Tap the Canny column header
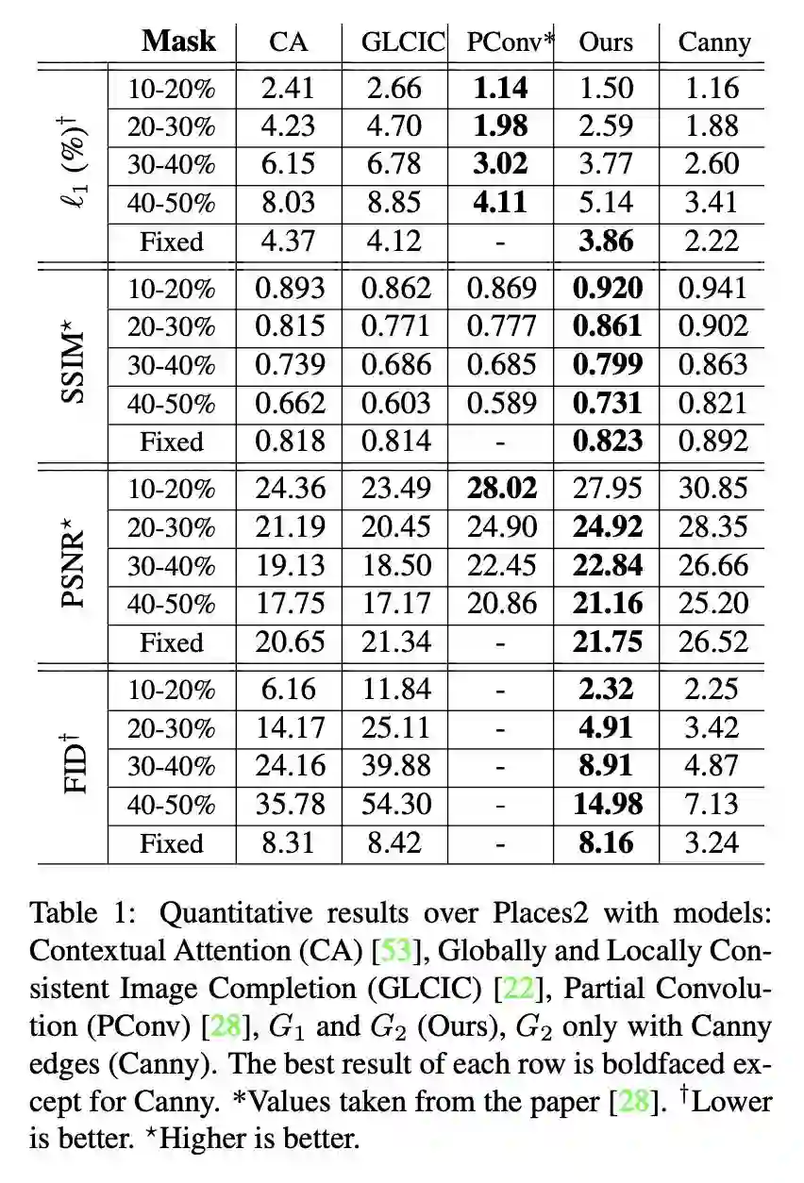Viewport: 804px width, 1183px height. (x=714, y=42)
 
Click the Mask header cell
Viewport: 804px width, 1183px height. (x=178, y=42)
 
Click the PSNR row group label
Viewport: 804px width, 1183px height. (x=72, y=566)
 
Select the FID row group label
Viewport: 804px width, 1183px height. (x=72, y=766)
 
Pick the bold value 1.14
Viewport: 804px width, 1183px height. (x=500, y=89)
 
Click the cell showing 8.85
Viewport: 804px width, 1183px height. (x=394, y=203)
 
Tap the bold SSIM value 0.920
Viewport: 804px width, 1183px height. (x=608, y=289)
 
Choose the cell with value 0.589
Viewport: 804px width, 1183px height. (x=501, y=404)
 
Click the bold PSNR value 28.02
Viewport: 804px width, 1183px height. (x=501, y=489)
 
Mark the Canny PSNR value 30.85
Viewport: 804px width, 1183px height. (x=714, y=489)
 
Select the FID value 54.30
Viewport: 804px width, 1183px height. (x=394, y=805)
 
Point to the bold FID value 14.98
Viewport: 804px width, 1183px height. (x=608, y=805)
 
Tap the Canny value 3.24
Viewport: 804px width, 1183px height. (x=714, y=842)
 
